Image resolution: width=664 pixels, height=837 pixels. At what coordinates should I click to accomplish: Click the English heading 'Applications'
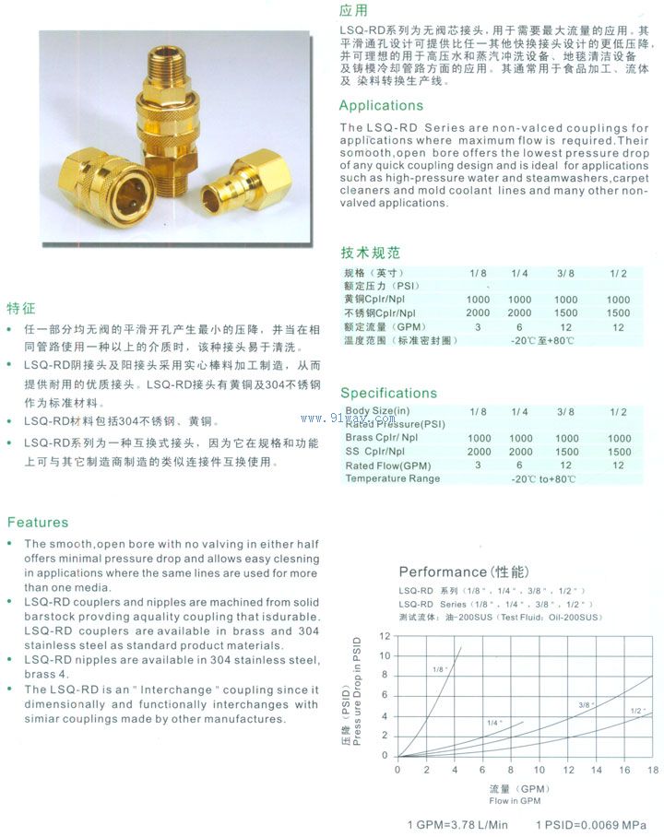[381, 105]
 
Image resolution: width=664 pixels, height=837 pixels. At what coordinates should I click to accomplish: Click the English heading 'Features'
[38, 522]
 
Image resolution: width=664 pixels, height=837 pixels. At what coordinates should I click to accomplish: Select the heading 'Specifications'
[388, 393]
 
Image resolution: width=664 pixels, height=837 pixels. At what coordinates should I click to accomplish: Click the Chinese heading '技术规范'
[371, 253]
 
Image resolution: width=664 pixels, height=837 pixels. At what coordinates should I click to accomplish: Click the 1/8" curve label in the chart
[438, 668]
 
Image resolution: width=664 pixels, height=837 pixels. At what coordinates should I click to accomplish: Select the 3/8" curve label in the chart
[584, 705]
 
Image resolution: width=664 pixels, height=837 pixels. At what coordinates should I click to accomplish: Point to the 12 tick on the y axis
[385, 636]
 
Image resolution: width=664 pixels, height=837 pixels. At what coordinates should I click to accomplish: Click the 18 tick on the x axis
[653, 770]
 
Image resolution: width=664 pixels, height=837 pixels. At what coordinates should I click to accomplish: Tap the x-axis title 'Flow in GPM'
[516, 801]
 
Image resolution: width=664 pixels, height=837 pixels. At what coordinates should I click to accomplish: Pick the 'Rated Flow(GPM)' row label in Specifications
[388, 465]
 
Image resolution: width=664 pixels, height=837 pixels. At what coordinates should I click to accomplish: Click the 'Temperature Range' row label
[392, 478]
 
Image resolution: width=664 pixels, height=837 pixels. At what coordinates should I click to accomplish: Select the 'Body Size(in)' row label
[377, 410]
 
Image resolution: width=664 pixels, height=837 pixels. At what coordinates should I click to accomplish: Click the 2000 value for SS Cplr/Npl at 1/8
[479, 452]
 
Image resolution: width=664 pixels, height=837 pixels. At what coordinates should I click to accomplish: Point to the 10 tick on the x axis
[539, 770]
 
